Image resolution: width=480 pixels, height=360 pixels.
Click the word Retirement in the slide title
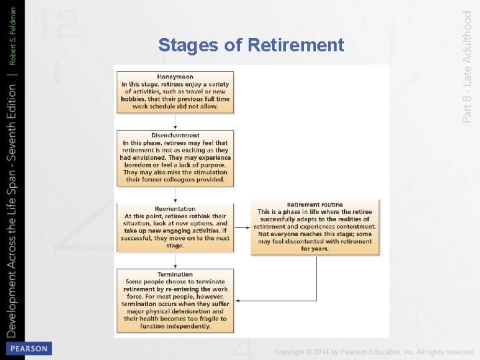click(x=295, y=45)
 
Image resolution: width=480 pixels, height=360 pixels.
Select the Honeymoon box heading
click(x=175, y=77)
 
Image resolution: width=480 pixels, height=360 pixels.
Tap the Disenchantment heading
click(x=175, y=135)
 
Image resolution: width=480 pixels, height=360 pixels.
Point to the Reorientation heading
click(x=175, y=209)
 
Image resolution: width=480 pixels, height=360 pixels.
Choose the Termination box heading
click(x=175, y=275)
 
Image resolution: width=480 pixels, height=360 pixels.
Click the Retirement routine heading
click(x=315, y=205)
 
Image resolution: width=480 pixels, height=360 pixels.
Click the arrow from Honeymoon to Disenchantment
click(x=175, y=122)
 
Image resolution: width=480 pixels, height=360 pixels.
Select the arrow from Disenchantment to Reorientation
click(x=175, y=195)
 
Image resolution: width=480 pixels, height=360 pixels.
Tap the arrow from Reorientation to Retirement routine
click(x=243, y=227)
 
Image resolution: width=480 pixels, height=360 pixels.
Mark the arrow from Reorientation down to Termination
click(x=175, y=260)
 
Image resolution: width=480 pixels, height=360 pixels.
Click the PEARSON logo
click(x=28, y=349)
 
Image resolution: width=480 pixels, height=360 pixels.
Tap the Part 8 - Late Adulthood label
click(x=467, y=66)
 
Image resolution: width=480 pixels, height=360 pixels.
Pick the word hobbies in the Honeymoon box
click(x=135, y=99)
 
